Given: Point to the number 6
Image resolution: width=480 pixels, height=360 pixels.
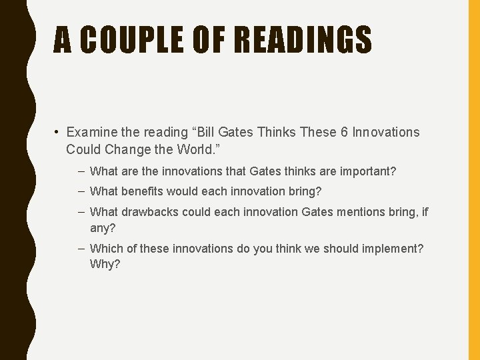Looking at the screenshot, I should tap(344, 132).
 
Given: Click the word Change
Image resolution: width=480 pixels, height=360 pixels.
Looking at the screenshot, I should tap(125, 148).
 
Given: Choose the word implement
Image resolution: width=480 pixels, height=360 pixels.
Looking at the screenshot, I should tap(391, 249).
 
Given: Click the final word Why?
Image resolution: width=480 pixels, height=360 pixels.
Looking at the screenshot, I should tap(105, 264).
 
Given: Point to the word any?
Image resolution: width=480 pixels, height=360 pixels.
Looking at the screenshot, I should tap(103, 227).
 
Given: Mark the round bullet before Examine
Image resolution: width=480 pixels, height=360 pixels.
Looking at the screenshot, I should tap(59, 132).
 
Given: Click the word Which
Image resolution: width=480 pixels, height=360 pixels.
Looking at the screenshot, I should tap(106, 249).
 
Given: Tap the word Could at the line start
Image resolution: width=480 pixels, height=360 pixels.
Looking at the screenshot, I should tap(81, 148).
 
